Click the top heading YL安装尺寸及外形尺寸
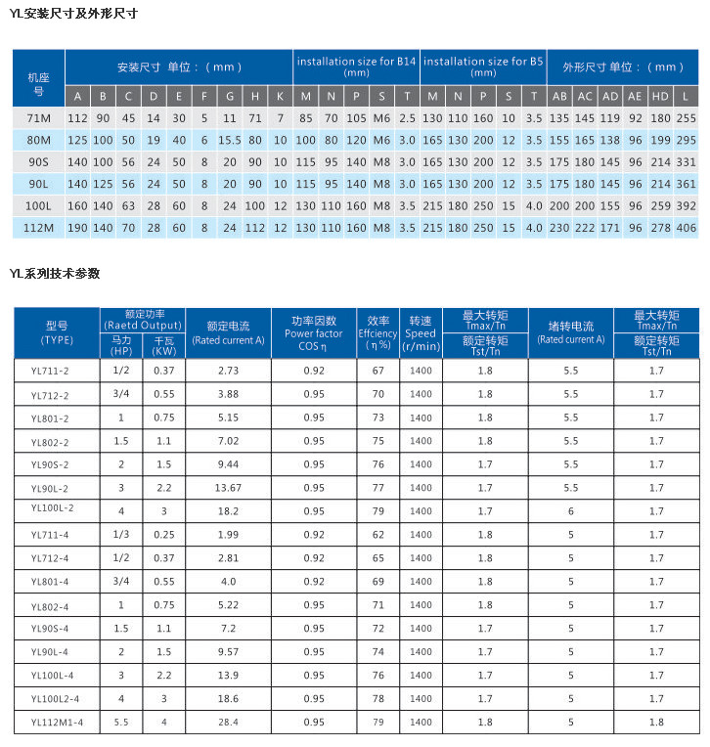(72, 14)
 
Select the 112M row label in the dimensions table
(38, 228)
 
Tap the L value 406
(686, 228)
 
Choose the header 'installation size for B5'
(483, 66)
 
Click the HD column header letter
(660, 96)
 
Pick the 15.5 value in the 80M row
(230, 140)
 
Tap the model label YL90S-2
(50, 465)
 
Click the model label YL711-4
(50, 536)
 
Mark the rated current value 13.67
(228, 488)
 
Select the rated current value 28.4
(228, 723)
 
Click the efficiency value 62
(377, 535)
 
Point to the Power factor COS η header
(314, 333)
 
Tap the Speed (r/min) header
(421, 333)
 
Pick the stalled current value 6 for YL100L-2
(570, 511)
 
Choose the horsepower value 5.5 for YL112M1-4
(121, 723)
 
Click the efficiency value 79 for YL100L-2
(377, 511)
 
